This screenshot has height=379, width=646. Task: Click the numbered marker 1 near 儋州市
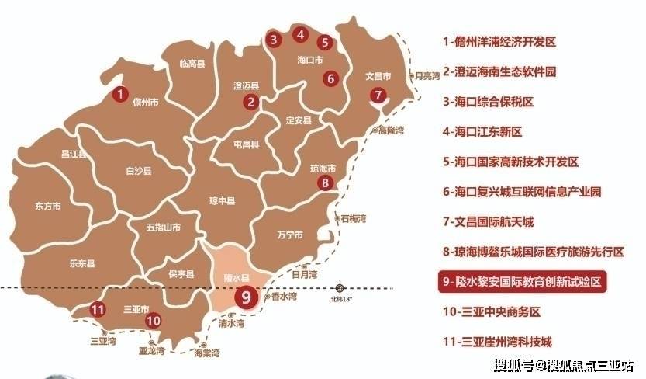[119, 95]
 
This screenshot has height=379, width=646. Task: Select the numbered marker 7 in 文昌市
[378, 96]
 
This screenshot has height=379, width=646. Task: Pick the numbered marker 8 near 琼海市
[326, 183]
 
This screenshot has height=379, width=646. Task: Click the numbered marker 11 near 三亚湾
[97, 310]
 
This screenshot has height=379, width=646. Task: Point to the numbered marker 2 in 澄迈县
[250, 101]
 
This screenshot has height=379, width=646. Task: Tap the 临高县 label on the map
[190, 64]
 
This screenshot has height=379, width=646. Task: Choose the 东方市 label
[48, 207]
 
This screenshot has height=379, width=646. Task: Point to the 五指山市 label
[163, 228]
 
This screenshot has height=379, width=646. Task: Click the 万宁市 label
[289, 235]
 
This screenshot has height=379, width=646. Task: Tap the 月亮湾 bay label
[427, 76]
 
